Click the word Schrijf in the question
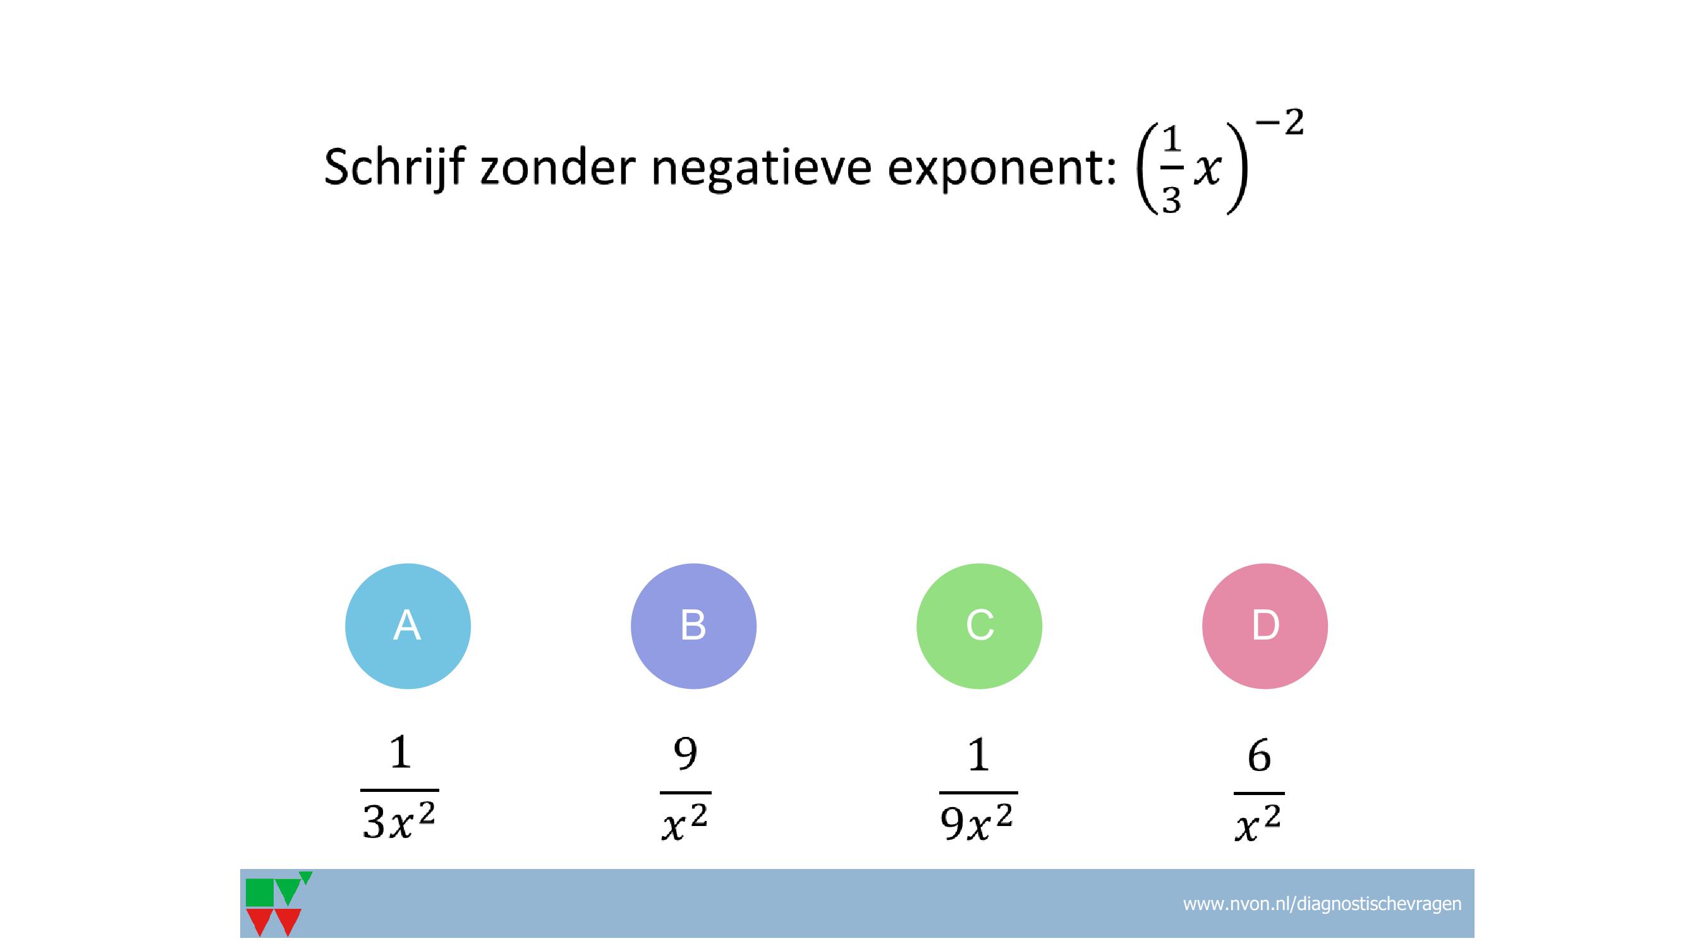pos(395,167)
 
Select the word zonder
pos(558,167)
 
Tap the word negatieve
pos(762,169)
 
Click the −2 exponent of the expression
pos(1279,123)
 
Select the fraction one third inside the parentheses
pos(1171,169)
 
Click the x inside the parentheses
pos(1207,171)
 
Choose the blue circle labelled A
pos(408,626)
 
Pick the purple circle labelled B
pos(693,626)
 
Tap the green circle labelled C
pos(979,626)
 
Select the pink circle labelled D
pos(1265,626)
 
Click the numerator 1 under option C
pos(978,755)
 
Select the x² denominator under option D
pos(1258,823)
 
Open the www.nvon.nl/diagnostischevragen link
pos(1322,904)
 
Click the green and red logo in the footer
pos(277,904)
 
